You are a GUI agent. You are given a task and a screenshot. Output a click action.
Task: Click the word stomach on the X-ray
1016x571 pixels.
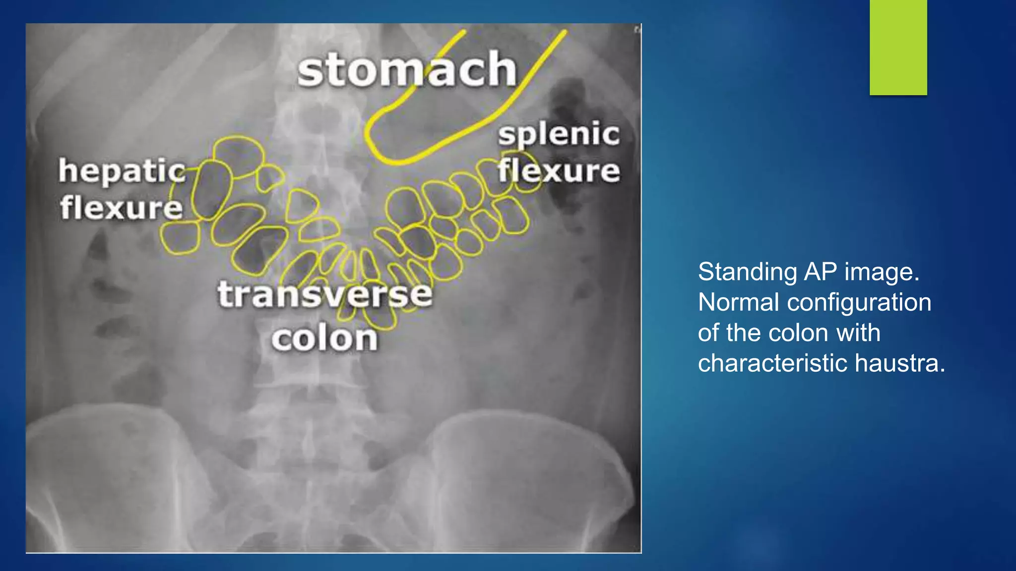pyautogui.click(x=407, y=69)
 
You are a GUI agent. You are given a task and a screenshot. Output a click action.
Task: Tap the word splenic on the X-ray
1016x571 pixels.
pyautogui.click(x=559, y=134)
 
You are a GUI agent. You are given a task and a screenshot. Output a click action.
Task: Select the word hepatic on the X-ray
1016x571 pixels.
pyautogui.click(x=122, y=171)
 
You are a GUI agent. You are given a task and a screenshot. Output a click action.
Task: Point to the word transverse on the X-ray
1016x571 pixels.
pyautogui.click(x=325, y=294)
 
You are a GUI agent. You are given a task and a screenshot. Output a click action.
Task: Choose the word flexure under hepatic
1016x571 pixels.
pyautogui.click(x=122, y=207)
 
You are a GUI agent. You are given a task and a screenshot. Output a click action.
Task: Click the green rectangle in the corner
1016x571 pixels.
pyautogui.click(x=898, y=47)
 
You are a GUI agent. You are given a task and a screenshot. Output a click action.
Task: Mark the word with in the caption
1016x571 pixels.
pyautogui.click(x=858, y=333)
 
